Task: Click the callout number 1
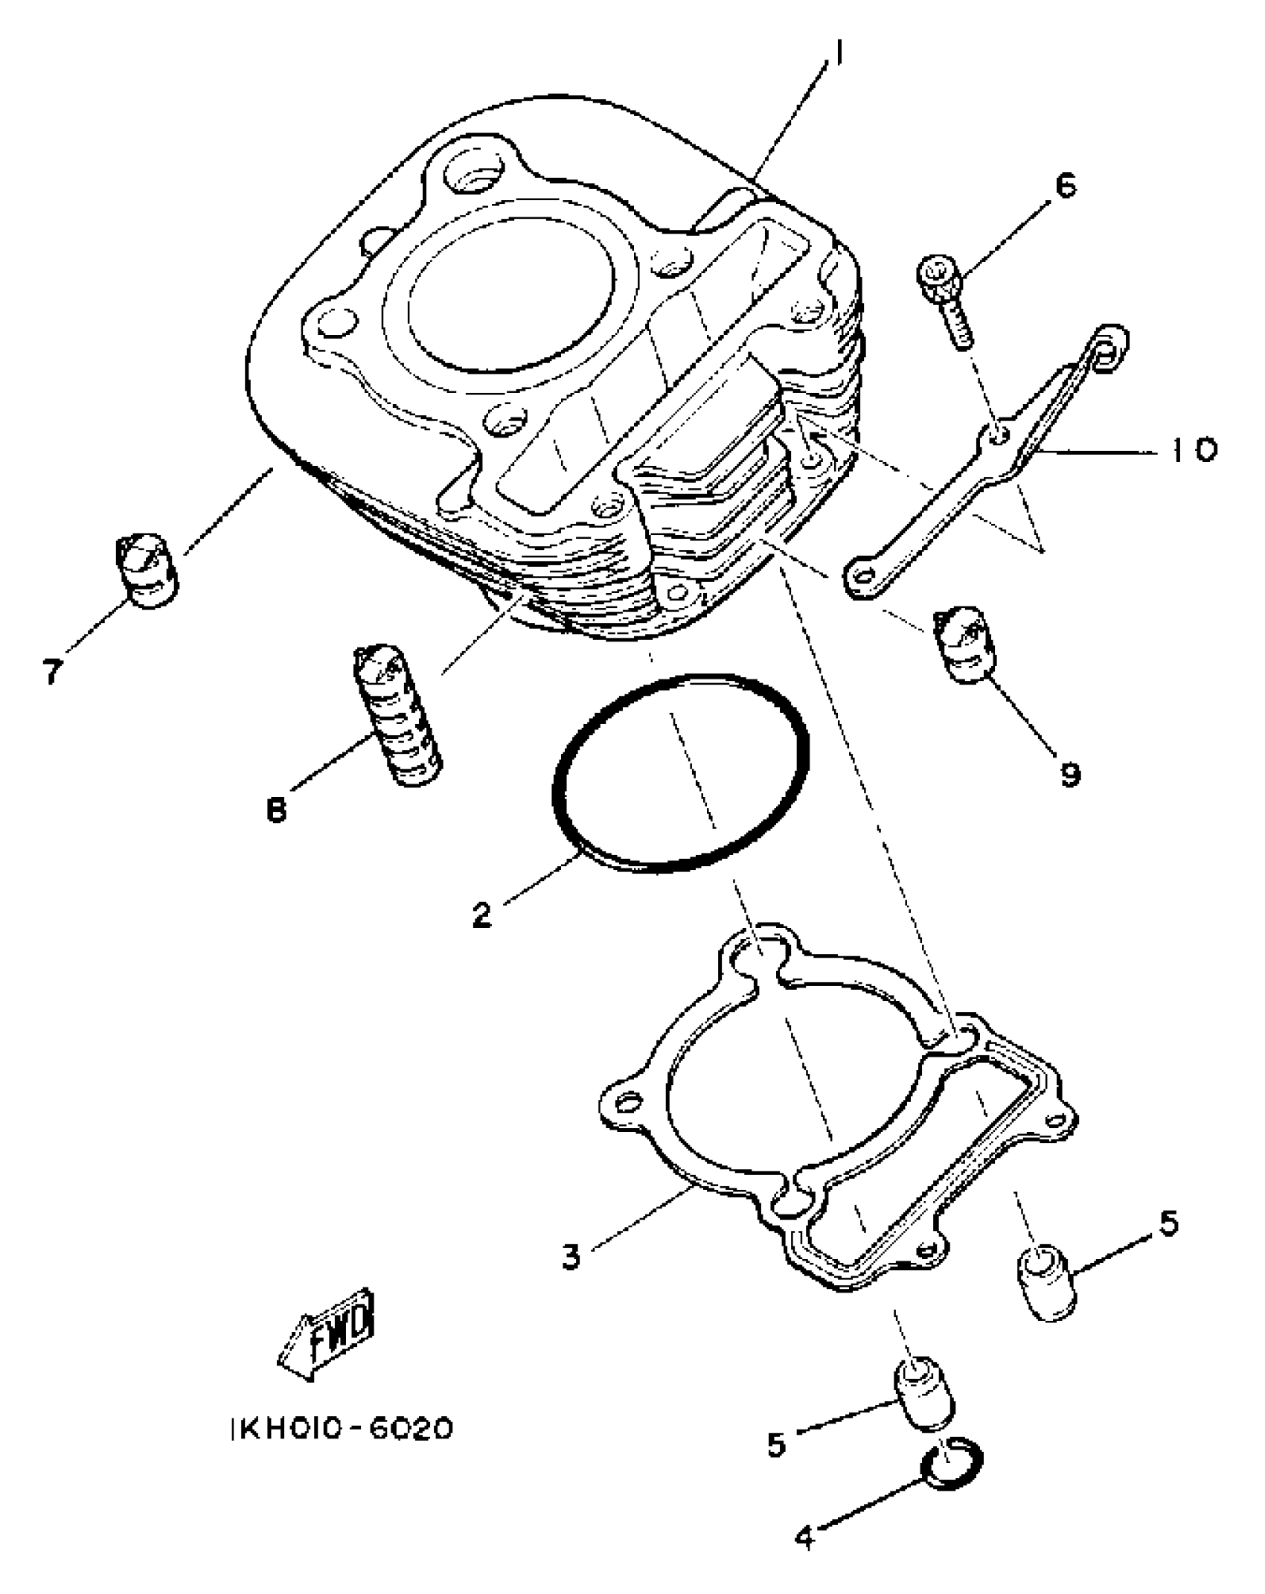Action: tap(838, 53)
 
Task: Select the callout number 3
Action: tap(571, 1257)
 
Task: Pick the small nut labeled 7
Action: tap(147, 570)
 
